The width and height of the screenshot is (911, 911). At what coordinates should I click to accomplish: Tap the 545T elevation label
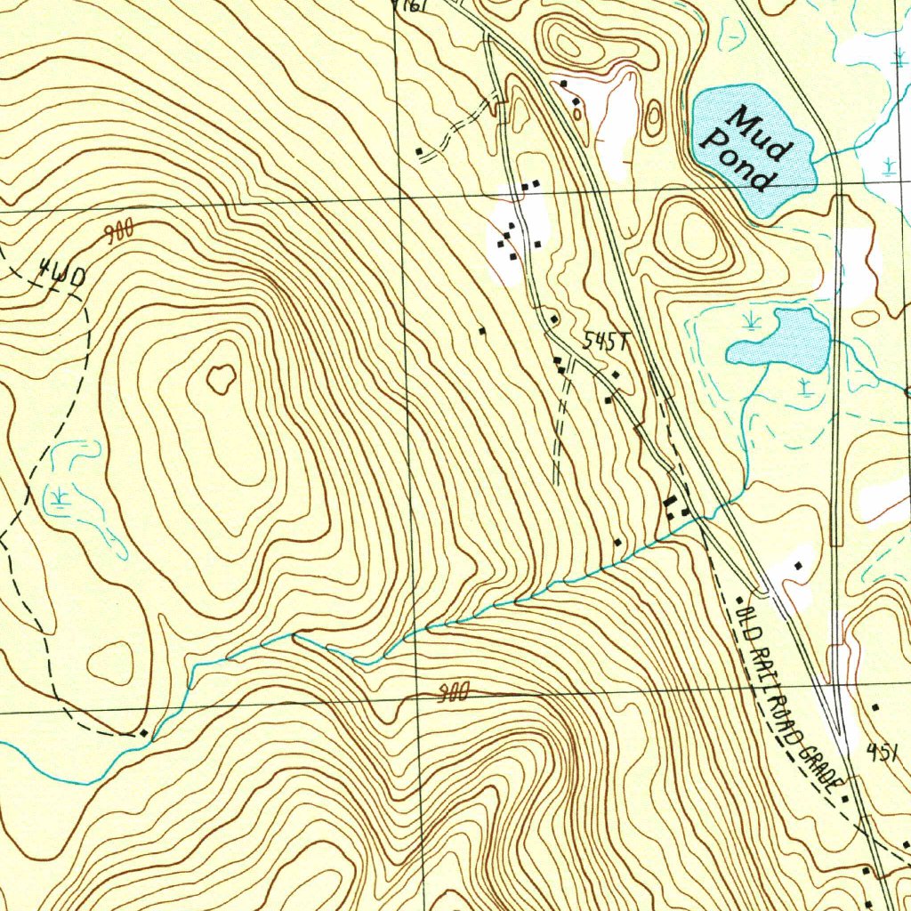(x=606, y=342)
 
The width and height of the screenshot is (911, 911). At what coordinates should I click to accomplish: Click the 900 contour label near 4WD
(x=118, y=233)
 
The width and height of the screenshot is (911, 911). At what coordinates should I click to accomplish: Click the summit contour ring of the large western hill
(x=220, y=380)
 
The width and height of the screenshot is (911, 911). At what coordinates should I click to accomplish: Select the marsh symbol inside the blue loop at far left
(x=60, y=496)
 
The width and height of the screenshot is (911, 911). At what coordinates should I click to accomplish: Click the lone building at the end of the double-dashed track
(x=420, y=151)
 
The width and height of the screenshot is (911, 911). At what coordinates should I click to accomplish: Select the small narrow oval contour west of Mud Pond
(x=655, y=117)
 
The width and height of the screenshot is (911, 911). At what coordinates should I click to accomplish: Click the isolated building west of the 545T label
(x=482, y=331)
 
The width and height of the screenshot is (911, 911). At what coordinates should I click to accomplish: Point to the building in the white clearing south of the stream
(x=798, y=565)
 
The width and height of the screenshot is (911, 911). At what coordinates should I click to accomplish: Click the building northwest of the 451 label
(x=875, y=707)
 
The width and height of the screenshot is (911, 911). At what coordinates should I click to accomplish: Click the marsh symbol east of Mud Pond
(x=891, y=165)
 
